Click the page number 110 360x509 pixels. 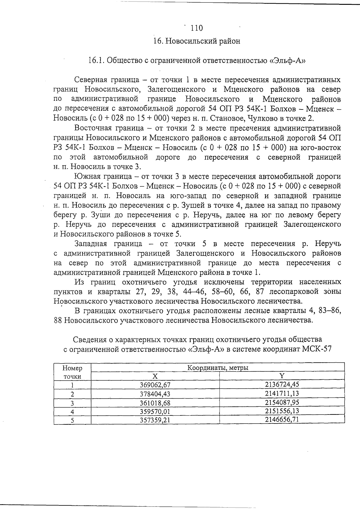pyautogui.click(x=196, y=28)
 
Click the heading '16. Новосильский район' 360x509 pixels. pyautogui.click(x=196, y=41)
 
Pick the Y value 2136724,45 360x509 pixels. pyautogui.click(x=282, y=385)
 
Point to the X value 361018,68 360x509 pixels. pyautogui.click(x=155, y=403)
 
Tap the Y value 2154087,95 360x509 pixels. pyautogui.click(x=282, y=402)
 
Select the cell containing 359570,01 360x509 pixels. pyautogui.click(x=155, y=412)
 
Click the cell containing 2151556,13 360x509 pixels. pyautogui.click(x=282, y=411)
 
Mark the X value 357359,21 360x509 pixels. pyautogui.click(x=155, y=420)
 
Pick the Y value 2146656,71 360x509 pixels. pyautogui.click(x=282, y=419)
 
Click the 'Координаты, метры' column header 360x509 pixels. pyautogui.click(x=217, y=368)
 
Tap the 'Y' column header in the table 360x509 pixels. pyautogui.click(x=282, y=376)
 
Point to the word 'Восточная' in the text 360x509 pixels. pyautogui.click(x=93, y=128)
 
